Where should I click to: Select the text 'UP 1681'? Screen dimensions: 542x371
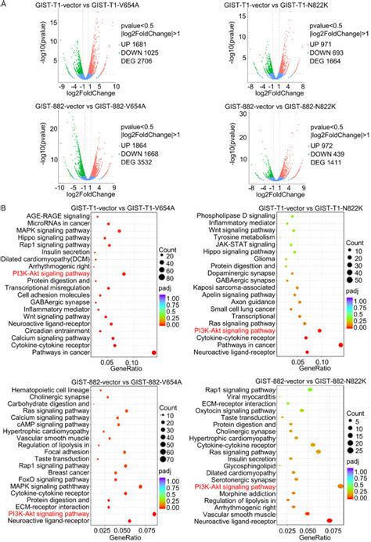click(133, 56)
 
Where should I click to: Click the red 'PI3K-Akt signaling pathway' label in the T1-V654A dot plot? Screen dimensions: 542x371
click(48, 294)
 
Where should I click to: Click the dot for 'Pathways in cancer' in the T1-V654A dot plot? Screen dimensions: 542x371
click(153, 374)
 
